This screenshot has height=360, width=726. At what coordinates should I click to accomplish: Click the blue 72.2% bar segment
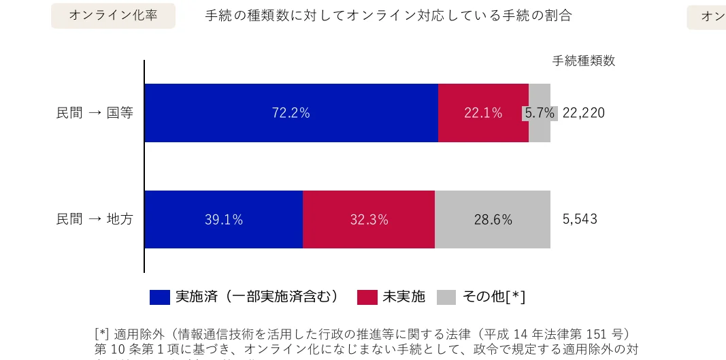[x=291, y=113]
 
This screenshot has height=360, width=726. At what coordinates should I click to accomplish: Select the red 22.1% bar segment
[x=483, y=113]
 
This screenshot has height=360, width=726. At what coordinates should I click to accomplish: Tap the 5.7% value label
[x=540, y=113]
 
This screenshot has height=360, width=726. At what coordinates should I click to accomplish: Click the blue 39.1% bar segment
[x=223, y=219]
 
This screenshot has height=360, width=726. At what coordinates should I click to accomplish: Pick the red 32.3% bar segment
[x=369, y=219]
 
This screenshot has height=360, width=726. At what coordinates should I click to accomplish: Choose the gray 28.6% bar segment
[x=493, y=219]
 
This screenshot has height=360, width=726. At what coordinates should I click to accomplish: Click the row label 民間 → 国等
[x=95, y=113]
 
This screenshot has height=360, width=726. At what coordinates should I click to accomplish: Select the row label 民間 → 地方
[x=95, y=219]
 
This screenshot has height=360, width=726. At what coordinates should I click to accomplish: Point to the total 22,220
[x=584, y=113]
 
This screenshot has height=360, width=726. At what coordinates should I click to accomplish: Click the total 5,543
[x=580, y=219]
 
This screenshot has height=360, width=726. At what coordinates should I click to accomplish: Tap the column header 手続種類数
[x=584, y=61]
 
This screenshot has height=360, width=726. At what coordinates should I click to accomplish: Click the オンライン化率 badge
[x=113, y=16]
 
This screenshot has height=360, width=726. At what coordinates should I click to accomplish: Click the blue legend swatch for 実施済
[x=160, y=297]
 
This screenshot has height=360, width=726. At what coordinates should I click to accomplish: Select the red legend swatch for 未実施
[x=367, y=297]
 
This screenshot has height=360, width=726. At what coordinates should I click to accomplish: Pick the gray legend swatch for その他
[x=446, y=297]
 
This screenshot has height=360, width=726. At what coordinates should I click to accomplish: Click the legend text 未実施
[x=404, y=297]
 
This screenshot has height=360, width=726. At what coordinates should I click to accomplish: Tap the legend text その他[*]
[x=494, y=297]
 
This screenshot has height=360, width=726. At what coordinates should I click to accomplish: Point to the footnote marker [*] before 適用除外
[x=101, y=334]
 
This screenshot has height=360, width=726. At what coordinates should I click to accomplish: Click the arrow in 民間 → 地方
[x=95, y=219]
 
